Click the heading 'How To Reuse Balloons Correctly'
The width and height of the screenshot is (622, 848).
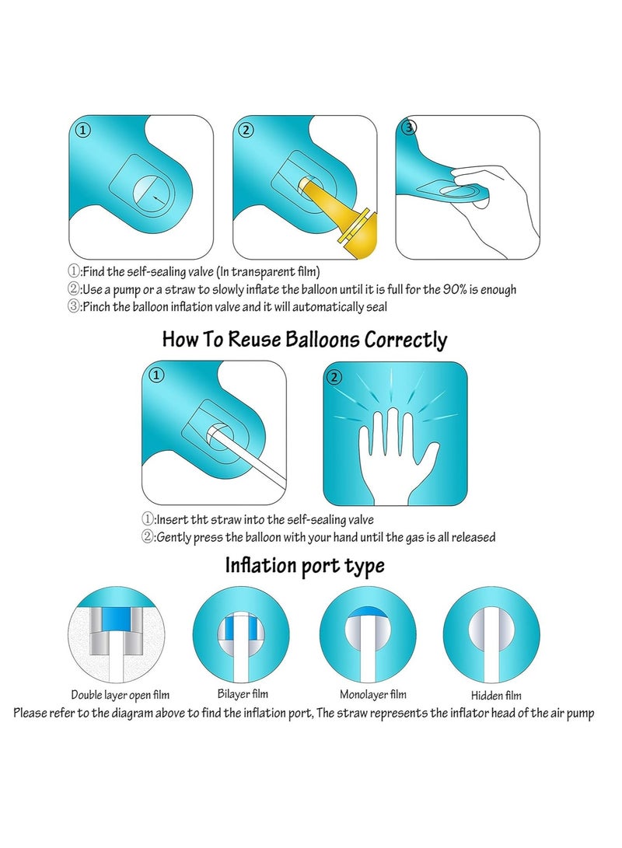305,340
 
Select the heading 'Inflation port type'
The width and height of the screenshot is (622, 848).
305,565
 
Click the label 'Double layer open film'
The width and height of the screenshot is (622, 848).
121,695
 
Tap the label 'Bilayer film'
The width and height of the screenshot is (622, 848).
243,693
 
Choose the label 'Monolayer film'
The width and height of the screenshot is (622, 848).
372,694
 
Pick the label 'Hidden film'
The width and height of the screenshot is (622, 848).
496,696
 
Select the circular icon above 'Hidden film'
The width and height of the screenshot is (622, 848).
491,633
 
